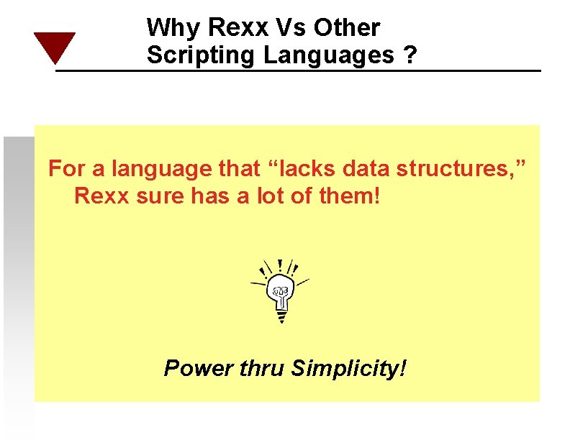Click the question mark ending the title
tap(410, 55)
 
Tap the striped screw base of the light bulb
tap(281, 313)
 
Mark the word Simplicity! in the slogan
tap(348, 370)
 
